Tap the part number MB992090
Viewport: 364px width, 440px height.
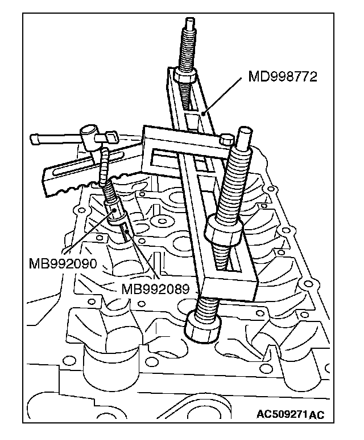pos(63,263)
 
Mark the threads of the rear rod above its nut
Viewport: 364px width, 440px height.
pos(187,51)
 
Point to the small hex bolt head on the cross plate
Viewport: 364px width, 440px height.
pos(225,138)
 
